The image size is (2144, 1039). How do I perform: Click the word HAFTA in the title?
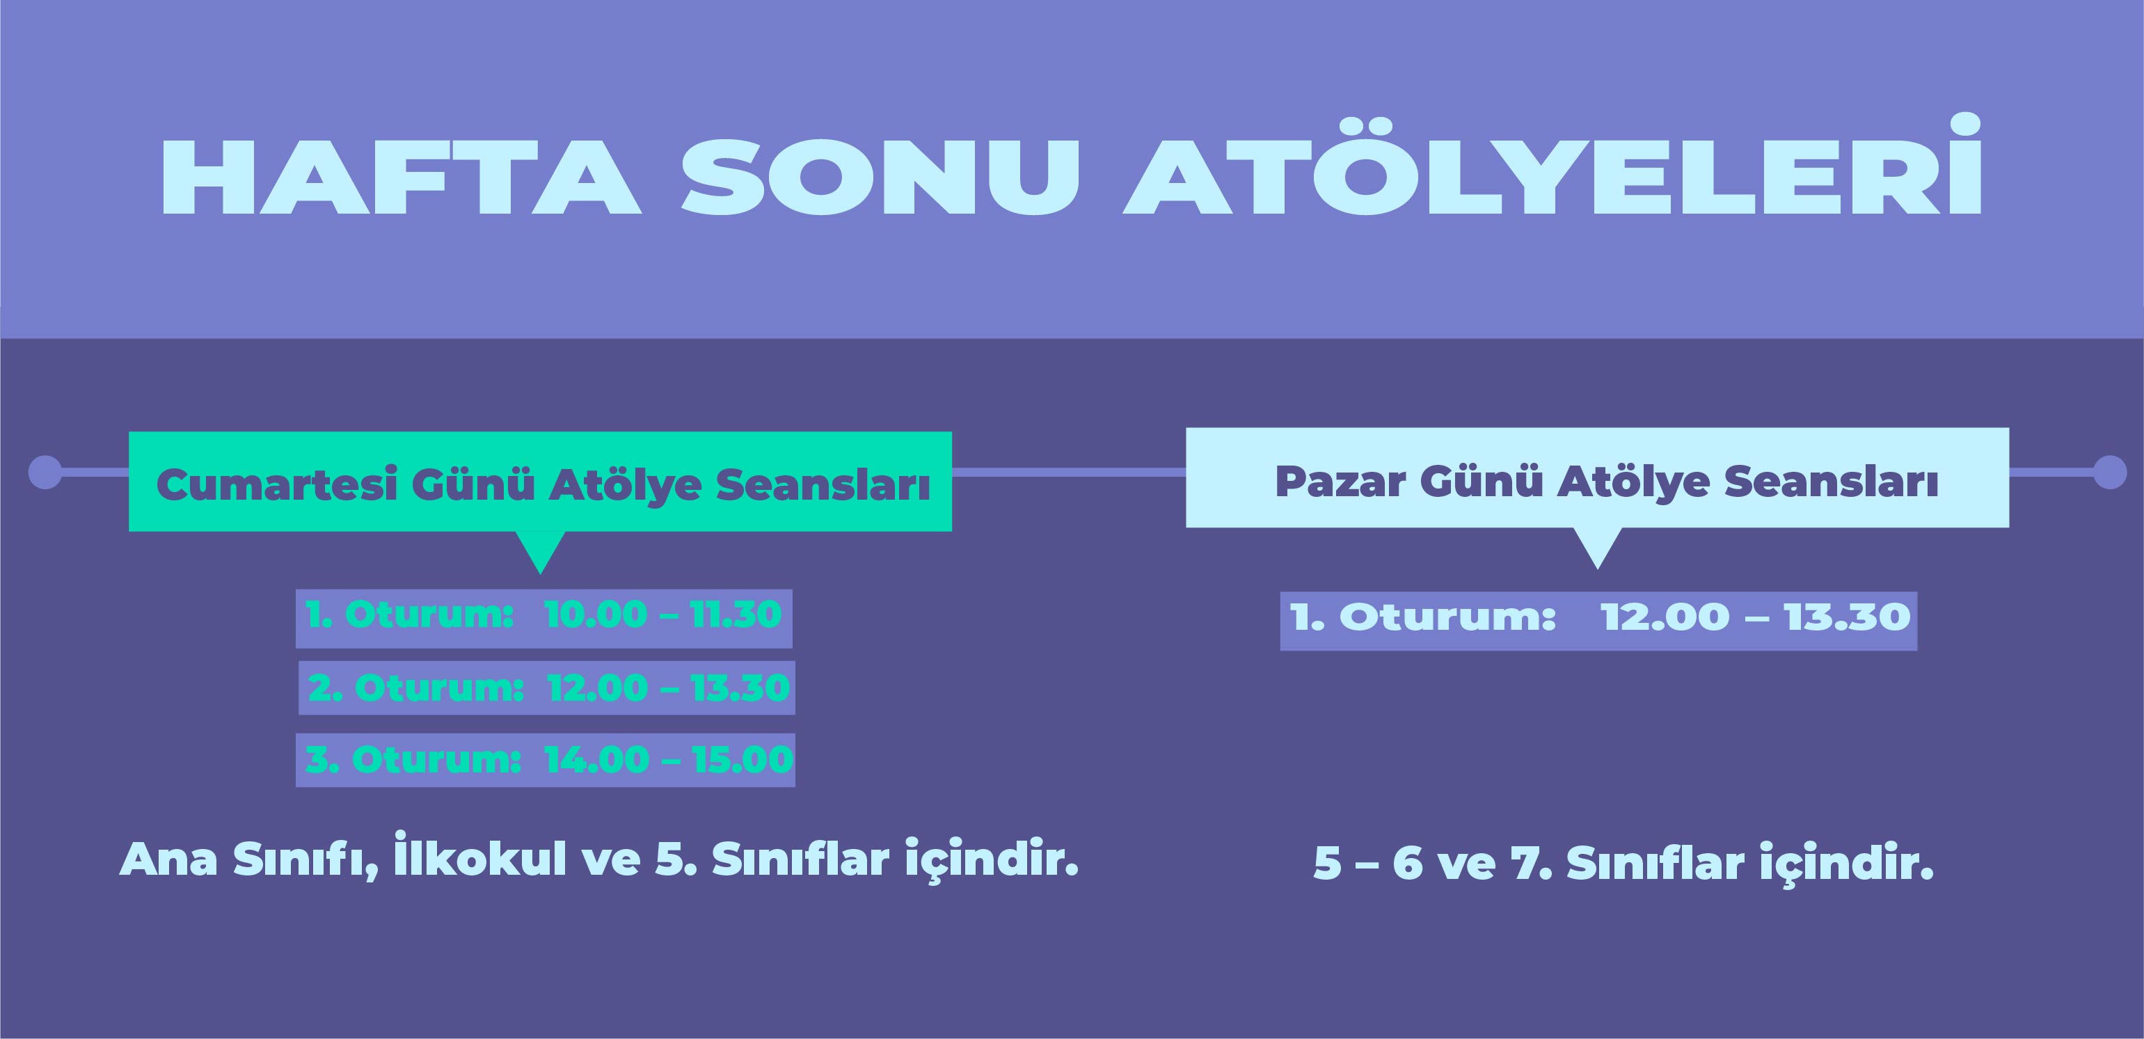point(401,177)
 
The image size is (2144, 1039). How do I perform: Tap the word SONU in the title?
point(880,177)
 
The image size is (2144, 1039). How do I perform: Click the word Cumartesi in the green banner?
point(278,484)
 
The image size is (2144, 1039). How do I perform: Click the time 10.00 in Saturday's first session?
point(596,614)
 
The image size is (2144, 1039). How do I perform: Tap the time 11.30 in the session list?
point(736,614)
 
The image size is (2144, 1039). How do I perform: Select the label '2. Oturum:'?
point(416,688)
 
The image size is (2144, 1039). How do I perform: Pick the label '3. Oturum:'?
point(413,759)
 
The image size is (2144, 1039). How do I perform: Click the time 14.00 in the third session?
point(597,759)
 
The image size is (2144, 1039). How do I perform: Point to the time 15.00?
point(743,759)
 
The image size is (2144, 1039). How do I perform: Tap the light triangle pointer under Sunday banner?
point(1597,547)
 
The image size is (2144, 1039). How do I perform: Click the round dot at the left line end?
point(45,472)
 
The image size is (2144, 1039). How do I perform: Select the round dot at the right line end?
point(2109,472)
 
